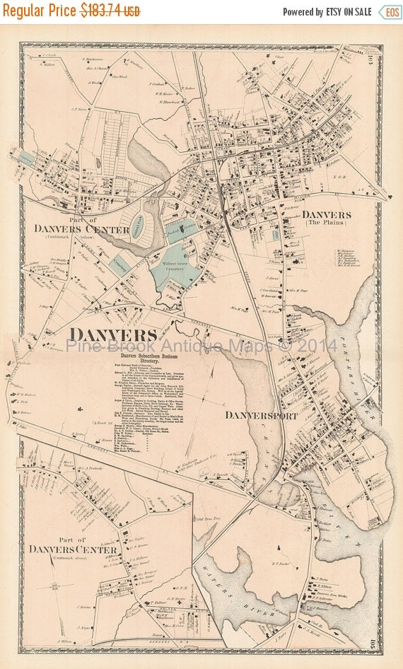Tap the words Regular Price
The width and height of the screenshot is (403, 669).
pos(40,11)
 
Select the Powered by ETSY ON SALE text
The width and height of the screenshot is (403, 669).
pos(327,12)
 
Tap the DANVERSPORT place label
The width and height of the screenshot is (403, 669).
pos(262,415)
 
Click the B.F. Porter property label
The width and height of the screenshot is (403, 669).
pos(282,563)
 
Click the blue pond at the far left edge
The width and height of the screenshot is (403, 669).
pos(25,159)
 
